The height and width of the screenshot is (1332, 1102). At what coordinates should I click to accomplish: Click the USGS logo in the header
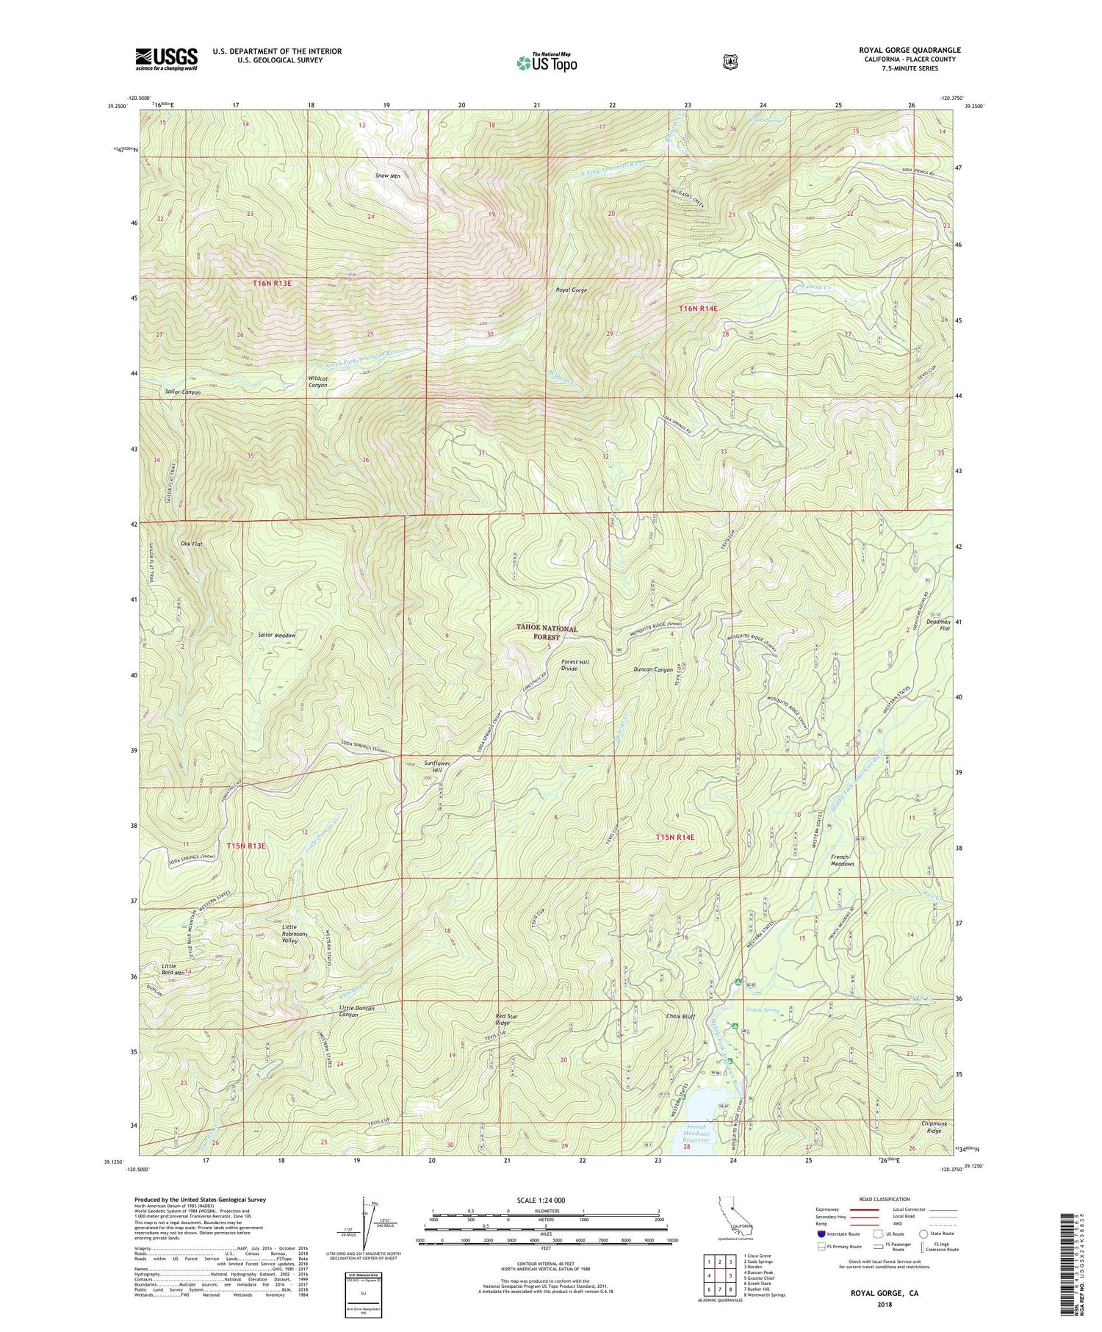point(166,59)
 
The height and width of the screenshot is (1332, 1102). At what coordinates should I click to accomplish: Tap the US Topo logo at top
point(547,62)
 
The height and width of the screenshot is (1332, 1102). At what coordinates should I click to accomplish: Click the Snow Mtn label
point(387,176)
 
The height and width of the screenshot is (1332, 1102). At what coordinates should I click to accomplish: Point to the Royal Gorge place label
point(571,290)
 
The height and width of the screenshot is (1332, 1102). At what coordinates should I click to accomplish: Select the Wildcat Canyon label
point(317,381)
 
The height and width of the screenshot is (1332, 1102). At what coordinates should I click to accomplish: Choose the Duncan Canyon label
point(653,670)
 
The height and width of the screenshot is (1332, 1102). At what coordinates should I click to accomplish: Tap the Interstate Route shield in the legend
point(821,1234)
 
